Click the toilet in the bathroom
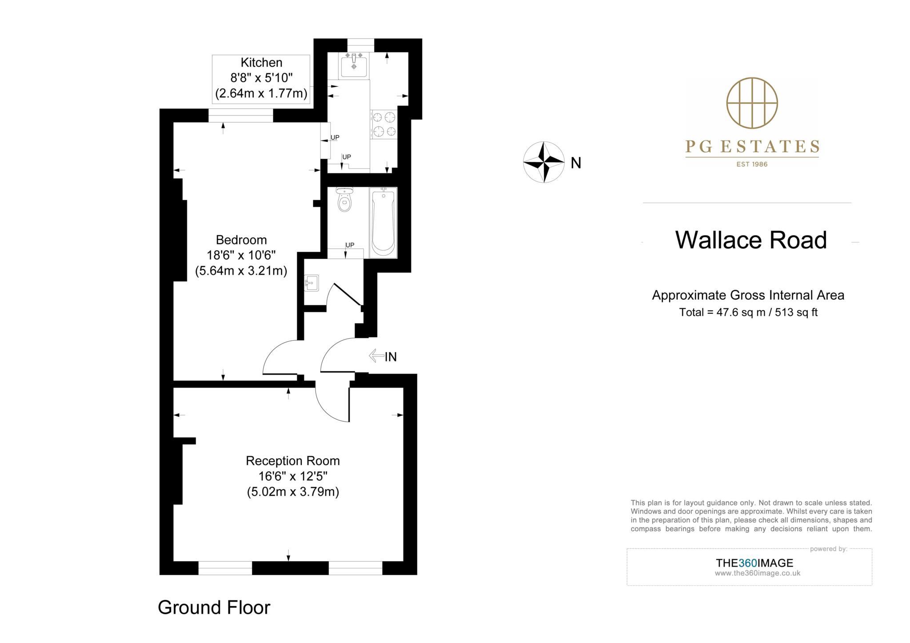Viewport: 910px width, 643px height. (x=344, y=200)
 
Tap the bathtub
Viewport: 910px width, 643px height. (x=383, y=222)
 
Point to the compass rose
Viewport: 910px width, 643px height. (x=544, y=162)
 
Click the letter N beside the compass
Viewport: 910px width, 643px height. (x=576, y=163)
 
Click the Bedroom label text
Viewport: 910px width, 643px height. (x=241, y=240)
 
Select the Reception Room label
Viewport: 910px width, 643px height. (x=293, y=461)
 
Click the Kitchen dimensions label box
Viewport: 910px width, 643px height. (x=261, y=79)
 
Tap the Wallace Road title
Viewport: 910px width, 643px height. (x=751, y=240)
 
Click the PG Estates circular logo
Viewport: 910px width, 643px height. (x=752, y=103)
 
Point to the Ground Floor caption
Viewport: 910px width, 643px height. (x=214, y=607)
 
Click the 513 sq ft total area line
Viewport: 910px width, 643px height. (x=748, y=312)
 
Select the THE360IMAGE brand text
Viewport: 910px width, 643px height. (x=754, y=563)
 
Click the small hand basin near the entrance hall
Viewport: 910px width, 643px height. (x=311, y=283)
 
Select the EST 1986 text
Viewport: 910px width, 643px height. (x=752, y=164)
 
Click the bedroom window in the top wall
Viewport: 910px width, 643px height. (x=240, y=116)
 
